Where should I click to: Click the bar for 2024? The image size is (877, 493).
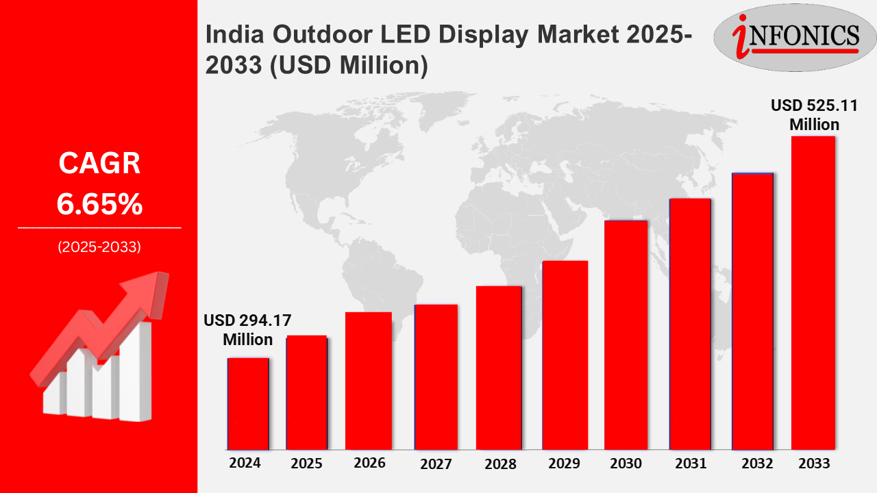pos(247,404)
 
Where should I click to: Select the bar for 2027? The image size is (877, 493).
pos(436,377)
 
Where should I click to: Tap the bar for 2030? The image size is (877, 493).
pos(626,336)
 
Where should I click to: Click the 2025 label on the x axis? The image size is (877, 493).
pos(306,464)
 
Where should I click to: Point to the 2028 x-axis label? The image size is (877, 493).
pos(500,464)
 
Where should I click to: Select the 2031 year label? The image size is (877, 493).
pos(690,464)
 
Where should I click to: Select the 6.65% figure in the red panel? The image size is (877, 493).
pos(99,204)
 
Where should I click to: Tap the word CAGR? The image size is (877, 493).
pos(99,164)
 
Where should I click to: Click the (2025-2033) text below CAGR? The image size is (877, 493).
pos(99,247)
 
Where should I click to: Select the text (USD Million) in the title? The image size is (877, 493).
pos(354,66)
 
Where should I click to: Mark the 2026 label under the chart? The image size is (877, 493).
pos(369,463)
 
